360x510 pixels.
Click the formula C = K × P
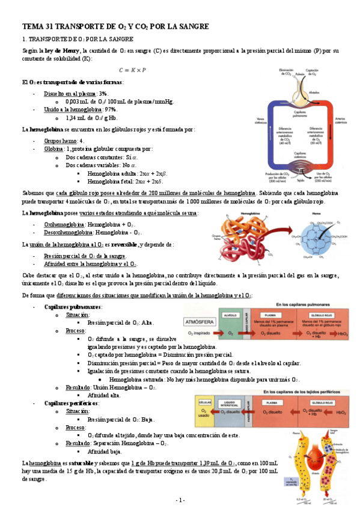[x=132, y=70]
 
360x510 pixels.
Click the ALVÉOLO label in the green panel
[x=230, y=313]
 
